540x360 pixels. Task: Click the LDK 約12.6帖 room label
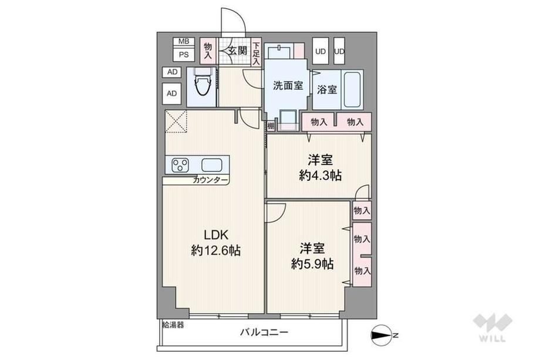click(215, 243)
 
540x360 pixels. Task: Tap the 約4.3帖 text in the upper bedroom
click(320, 176)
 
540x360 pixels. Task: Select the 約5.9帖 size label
click(312, 264)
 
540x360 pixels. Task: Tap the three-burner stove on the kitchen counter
click(180, 165)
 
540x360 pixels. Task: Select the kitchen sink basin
click(211, 165)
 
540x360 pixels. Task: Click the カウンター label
click(210, 180)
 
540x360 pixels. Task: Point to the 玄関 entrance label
click(238, 51)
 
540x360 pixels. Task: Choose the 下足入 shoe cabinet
click(256, 52)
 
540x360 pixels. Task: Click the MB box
click(184, 41)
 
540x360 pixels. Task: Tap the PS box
click(184, 55)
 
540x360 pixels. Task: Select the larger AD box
click(172, 93)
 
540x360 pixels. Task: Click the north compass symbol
click(382, 335)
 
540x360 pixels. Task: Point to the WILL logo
click(492, 328)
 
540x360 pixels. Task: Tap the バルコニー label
click(264, 332)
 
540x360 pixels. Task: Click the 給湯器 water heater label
click(173, 325)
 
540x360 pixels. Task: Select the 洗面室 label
click(288, 85)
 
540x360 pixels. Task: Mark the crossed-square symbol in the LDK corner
click(176, 121)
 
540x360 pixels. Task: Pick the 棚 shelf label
click(271, 126)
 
